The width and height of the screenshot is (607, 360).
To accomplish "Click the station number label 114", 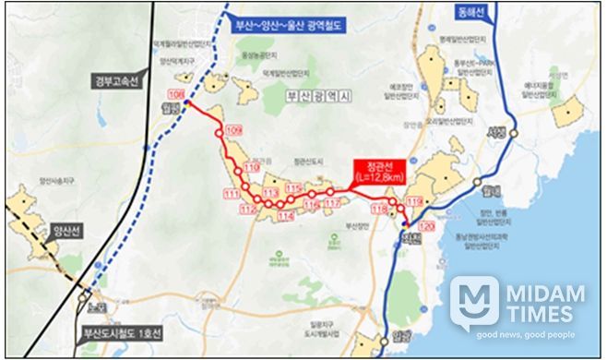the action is [x=285, y=216].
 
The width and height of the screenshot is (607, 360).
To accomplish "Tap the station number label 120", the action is [x=425, y=226].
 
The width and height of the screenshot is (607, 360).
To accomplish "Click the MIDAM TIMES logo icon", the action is [x=474, y=303].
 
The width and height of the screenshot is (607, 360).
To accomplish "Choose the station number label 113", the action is [x=270, y=192].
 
